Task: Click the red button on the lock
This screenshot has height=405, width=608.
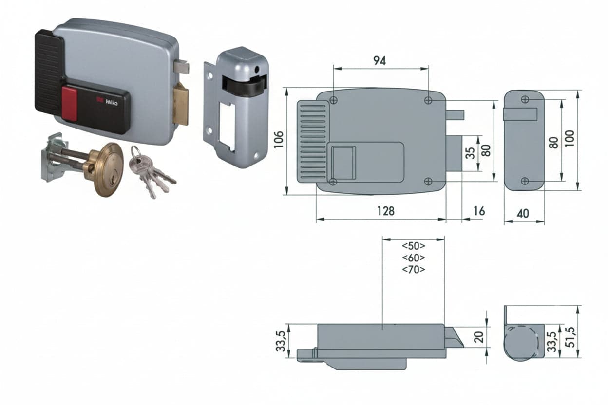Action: click(x=70, y=104)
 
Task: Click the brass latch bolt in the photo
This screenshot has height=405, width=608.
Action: click(x=181, y=104)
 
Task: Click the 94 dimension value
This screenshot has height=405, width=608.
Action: click(x=380, y=61)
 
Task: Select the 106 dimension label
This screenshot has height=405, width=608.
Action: click(x=279, y=140)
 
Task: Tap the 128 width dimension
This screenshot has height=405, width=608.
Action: click(x=386, y=211)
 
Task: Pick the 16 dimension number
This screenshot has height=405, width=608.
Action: click(x=479, y=211)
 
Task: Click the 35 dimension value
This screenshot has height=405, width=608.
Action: click(x=470, y=153)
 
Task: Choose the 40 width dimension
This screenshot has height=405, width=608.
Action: click(x=523, y=214)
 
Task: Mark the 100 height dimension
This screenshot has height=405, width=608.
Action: click(x=570, y=139)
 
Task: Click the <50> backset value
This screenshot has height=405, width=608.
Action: click(x=414, y=246)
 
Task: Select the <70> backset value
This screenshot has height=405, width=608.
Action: click(x=414, y=269)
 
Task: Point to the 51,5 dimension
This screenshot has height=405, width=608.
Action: click(x=571, y=337)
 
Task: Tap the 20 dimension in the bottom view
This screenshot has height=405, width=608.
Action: click(x=479, y=337)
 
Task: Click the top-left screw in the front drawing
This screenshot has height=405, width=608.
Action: click(x=334, y=100)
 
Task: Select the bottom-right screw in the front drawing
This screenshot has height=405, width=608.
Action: click(x=428, y=181)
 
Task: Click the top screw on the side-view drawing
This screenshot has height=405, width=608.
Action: click(x=525, y=99)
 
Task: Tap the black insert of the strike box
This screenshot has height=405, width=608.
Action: click(x=244, y=84)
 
